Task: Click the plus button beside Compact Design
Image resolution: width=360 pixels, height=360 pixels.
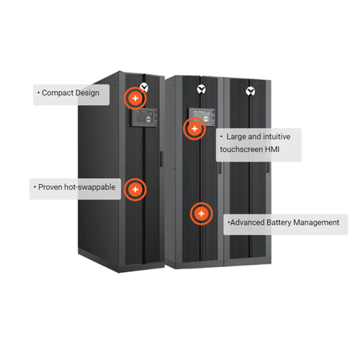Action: point(135,98)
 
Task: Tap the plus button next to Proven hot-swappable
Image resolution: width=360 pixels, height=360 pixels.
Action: point(135,189)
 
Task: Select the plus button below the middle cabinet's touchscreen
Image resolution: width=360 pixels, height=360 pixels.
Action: point(194,129)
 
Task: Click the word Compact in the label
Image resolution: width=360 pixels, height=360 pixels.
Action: point(58,93)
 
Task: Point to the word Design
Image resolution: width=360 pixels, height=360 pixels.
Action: point(87,93)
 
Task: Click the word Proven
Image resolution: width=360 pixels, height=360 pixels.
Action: point(50,187)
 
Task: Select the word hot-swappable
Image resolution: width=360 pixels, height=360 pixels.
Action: point(90,187)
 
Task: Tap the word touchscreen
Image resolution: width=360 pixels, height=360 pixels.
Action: point(241,149)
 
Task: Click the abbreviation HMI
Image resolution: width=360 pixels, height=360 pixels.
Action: point(272,149)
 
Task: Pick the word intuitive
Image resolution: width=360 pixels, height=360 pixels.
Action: point(276,137)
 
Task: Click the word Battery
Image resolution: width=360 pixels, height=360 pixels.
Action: point(279,222)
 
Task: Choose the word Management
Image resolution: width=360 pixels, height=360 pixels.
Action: point(316,222)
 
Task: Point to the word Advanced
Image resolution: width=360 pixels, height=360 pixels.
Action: point(248,222)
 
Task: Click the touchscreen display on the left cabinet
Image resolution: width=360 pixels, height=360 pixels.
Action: point(144,118)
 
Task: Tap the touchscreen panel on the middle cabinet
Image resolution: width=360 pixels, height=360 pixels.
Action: point(202,117)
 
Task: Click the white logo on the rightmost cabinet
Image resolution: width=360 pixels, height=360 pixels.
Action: point(251,91)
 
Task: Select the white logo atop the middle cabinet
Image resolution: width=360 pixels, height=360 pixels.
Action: point(201,89)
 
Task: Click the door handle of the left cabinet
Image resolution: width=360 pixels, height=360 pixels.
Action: point(161,158)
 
